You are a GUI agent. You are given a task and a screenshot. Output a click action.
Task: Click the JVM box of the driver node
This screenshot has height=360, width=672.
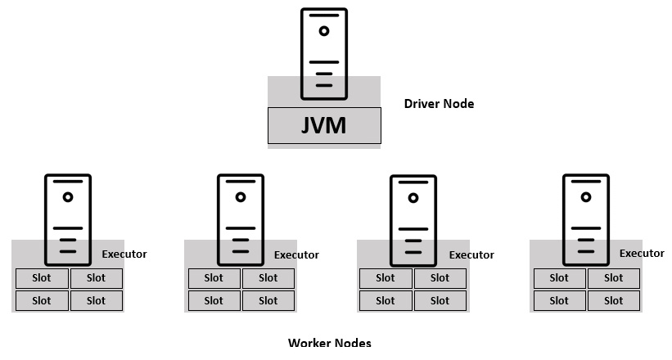324,126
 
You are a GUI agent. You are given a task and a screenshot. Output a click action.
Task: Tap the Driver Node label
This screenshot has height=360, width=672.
439,104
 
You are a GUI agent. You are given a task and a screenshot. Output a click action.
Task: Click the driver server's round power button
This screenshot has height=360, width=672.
324,31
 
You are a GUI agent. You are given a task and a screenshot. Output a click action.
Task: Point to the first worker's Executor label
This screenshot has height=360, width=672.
124,254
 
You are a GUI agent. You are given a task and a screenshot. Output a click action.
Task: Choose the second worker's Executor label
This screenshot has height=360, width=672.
296,254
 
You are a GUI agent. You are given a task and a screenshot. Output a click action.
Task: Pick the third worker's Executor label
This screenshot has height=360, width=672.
471,254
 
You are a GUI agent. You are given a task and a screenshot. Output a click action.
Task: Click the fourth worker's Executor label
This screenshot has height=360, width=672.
642,253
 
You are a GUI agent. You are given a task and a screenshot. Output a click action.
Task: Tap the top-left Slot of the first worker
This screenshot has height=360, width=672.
41,278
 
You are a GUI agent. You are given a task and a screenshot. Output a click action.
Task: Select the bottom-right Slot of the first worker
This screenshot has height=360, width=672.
96,300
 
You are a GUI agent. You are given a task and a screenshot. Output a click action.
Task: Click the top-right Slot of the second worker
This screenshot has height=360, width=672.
268,278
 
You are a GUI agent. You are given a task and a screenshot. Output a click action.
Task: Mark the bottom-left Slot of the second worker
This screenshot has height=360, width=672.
214,300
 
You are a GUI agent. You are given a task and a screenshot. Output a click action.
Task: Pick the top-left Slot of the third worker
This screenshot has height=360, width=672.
386,278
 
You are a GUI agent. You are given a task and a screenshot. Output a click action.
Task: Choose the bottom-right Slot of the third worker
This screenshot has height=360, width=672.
440,300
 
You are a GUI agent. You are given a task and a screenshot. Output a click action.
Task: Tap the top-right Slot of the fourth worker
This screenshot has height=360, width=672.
614,278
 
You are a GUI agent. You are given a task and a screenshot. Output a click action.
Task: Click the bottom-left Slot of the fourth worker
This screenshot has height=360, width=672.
559,300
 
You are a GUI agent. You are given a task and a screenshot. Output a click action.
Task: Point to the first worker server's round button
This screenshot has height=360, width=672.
68,197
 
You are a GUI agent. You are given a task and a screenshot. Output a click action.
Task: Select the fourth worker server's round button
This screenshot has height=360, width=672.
586,197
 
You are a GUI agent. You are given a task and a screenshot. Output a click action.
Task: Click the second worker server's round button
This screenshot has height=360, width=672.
241,197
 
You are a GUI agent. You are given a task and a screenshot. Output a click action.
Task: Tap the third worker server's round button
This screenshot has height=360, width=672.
413,197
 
